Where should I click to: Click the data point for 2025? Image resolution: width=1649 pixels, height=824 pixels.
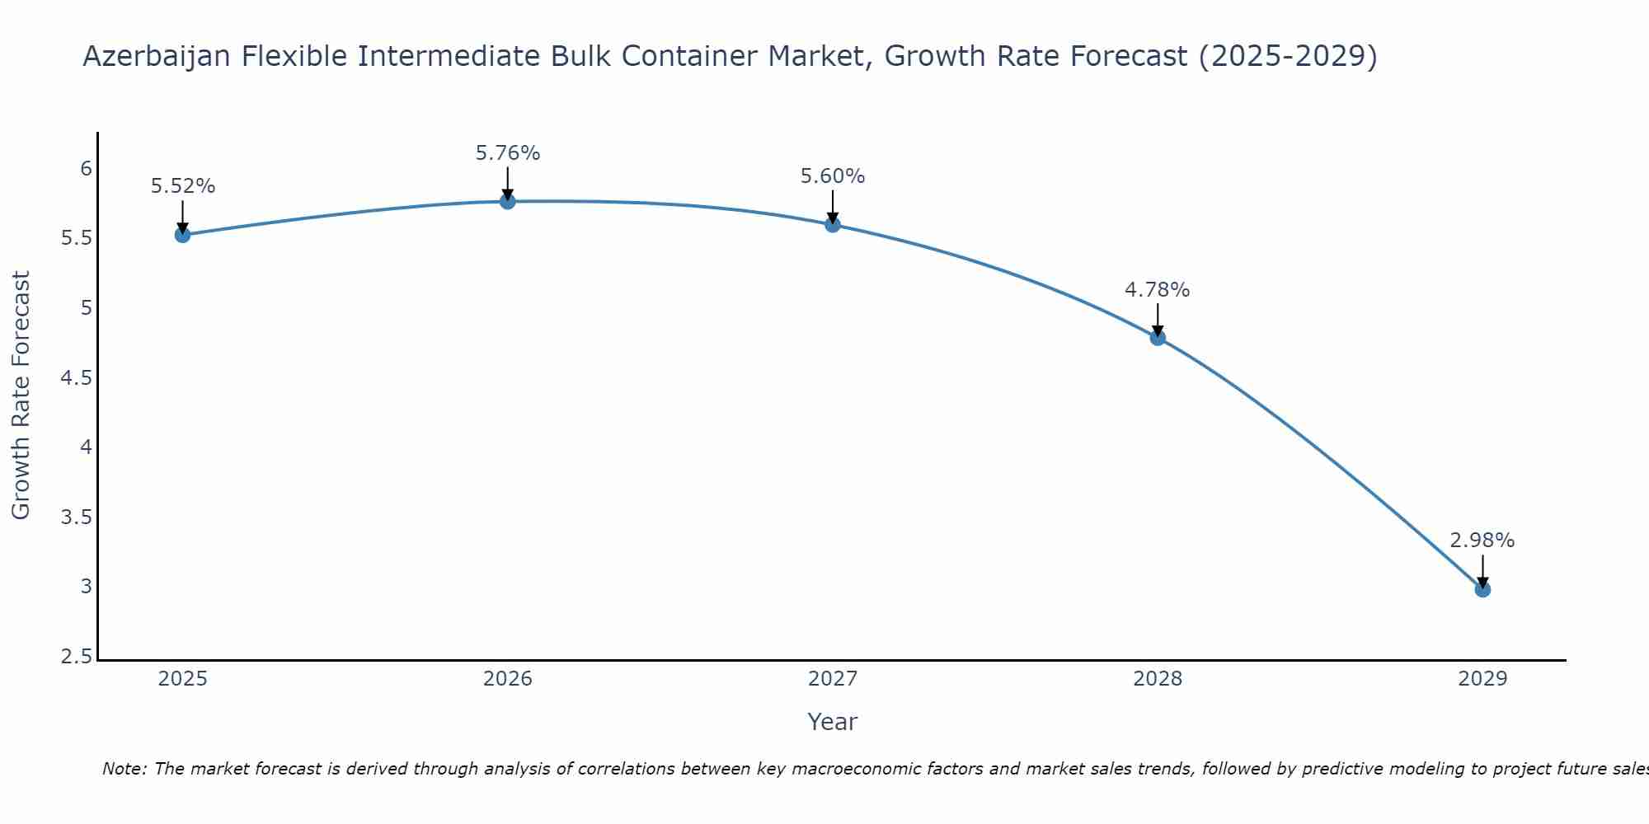click(183, 235)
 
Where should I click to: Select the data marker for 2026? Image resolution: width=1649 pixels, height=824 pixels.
click(508, 201)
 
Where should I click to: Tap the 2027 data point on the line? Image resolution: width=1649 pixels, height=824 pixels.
click(833, 224)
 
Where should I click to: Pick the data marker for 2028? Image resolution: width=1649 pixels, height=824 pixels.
click(1158, 338)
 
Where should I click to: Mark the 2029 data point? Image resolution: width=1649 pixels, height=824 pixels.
click(1482, 589)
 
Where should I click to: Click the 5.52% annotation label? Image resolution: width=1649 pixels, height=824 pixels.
click(183, 186)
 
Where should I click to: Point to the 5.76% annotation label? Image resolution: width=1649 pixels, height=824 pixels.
click(508, 153)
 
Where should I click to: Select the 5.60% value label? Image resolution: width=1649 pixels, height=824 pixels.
click(833, 176)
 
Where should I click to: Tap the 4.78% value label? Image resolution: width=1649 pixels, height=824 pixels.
click(1158, 290)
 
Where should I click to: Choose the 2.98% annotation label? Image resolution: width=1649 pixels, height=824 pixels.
click(1482, 541)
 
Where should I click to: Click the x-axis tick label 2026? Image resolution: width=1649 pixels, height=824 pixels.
click(508, 679)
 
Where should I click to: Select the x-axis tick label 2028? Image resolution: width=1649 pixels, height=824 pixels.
click(1158, 679)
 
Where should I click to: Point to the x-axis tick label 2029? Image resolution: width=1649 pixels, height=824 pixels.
click(1482, 679)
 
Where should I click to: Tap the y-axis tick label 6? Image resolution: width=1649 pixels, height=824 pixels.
click(86, 169)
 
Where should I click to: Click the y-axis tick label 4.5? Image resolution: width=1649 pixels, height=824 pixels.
click(77, 378)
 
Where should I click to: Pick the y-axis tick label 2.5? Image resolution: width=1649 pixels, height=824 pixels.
click(77, 657)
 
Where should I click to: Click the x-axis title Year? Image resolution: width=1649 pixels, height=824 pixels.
click(833, 722)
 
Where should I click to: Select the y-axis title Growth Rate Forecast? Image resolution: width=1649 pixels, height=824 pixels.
click(21, 396)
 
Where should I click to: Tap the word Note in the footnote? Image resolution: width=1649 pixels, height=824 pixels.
click(124, 769)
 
